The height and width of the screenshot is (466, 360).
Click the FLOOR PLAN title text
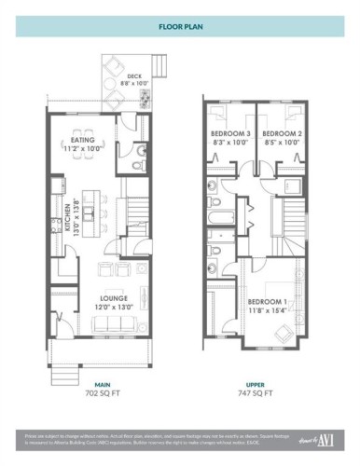coord(179,28)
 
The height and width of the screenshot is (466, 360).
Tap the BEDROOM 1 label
coord(267,303)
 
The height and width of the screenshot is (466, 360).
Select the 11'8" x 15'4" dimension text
coord(267,312)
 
